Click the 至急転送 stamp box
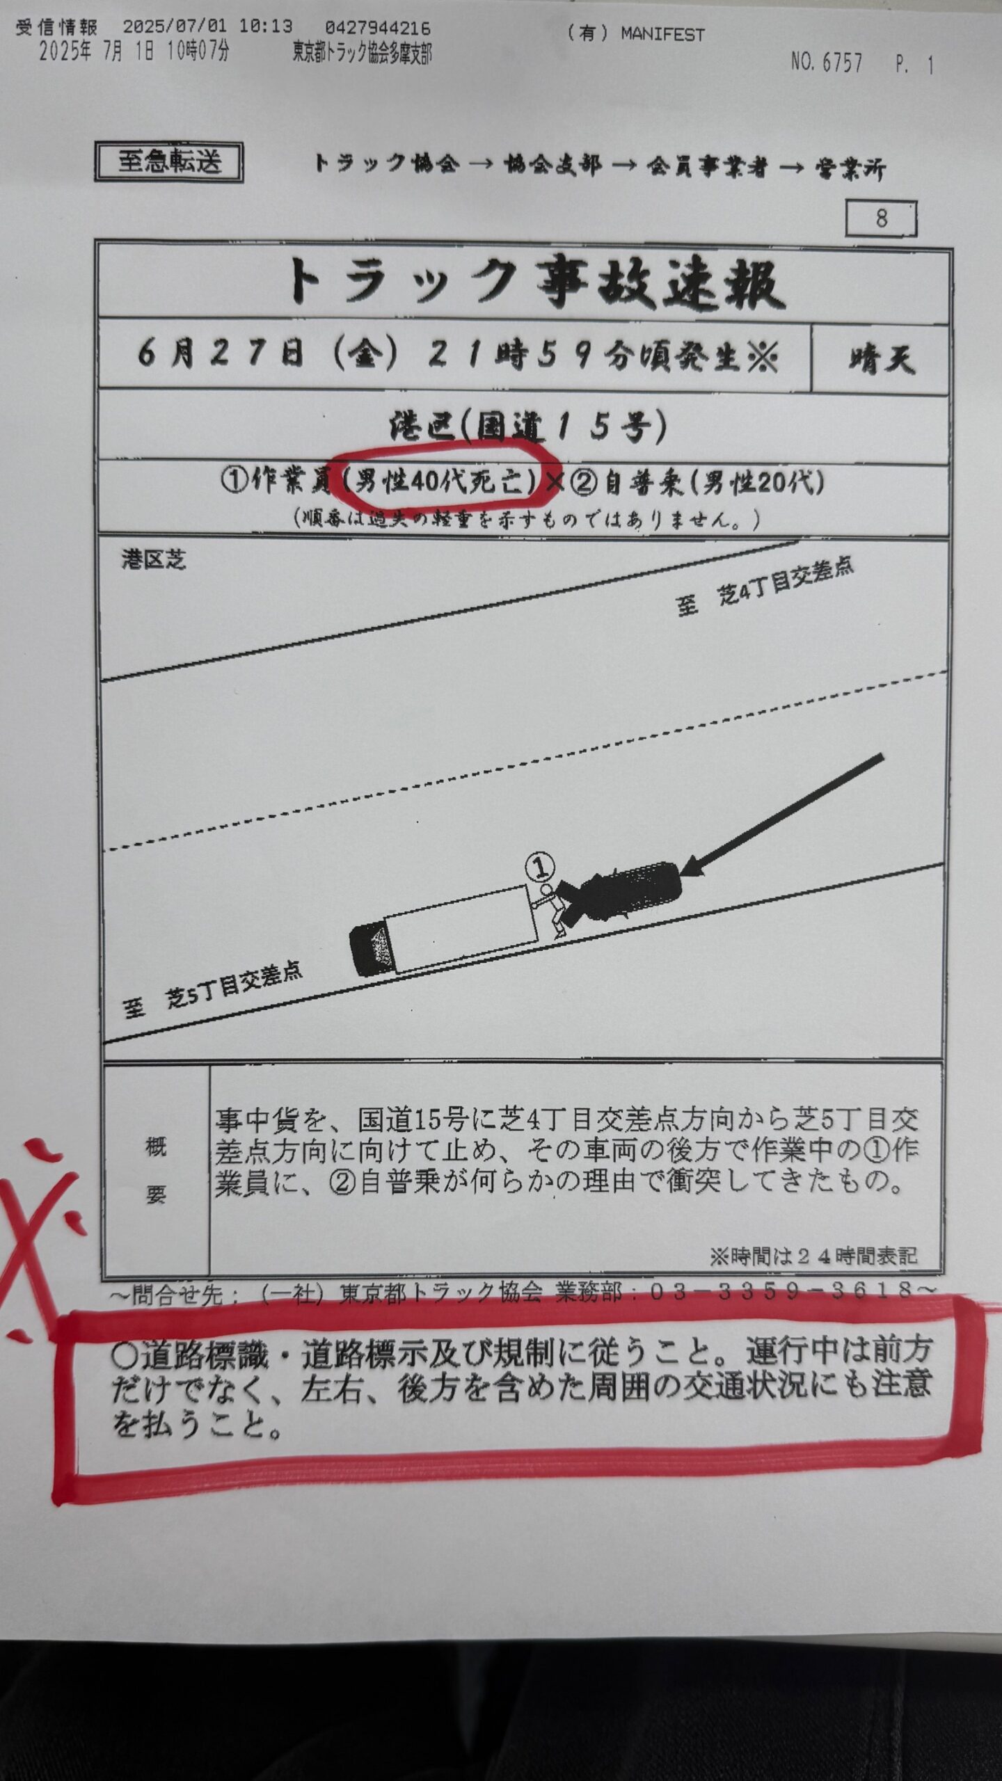(169, 162)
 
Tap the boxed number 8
(882, 218)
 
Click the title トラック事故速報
(535, 284)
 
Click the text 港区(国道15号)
(527, 426)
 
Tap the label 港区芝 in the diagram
(154, 560)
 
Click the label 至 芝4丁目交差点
(765, 587)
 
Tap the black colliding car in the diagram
(619, 892)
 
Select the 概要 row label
(156, 1171)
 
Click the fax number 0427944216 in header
(378, 28)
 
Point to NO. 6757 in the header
(827, 63)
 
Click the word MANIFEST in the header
(662, 34)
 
